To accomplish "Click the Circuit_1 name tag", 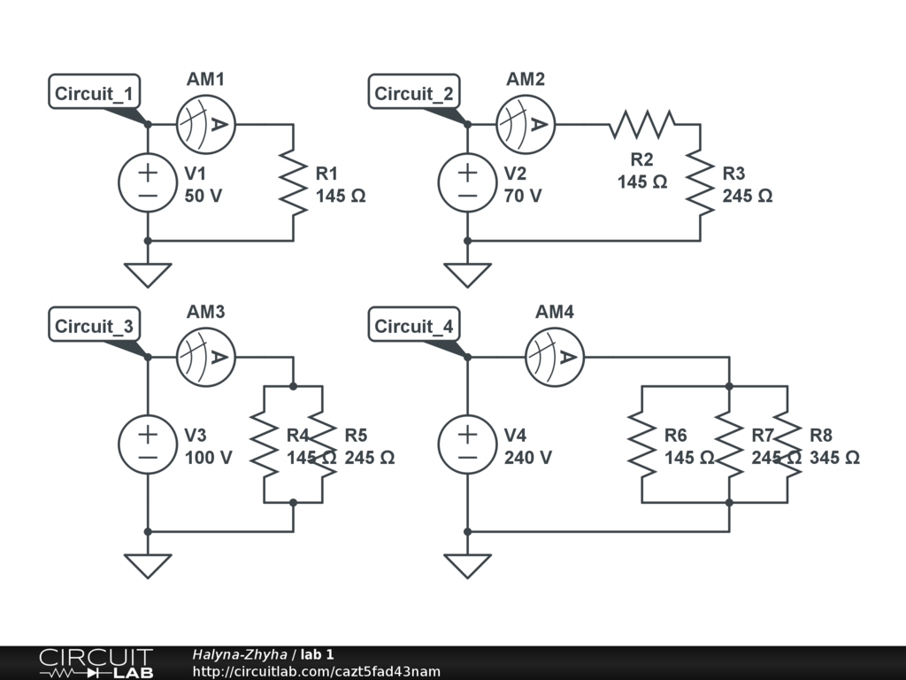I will (95, 93).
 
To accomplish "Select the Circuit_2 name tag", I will (414, 93).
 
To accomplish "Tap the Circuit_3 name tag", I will (95, 326).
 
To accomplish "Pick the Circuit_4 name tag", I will (414, 326).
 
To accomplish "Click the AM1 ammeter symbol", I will (205, 124).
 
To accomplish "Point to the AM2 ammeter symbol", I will (525, 124).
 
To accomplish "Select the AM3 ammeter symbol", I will (205, 357).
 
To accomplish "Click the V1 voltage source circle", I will (148, 182).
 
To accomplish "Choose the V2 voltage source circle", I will (468, 182).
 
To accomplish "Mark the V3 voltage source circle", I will (148, 444).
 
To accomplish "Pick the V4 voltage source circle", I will (468, 444).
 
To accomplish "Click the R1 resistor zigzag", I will (293, 182).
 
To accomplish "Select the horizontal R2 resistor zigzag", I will (641, 124).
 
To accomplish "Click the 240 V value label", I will (528, 458).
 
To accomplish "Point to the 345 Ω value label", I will (834, 458).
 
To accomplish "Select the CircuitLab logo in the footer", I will (96, 663).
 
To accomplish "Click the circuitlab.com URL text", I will (316, 672).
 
